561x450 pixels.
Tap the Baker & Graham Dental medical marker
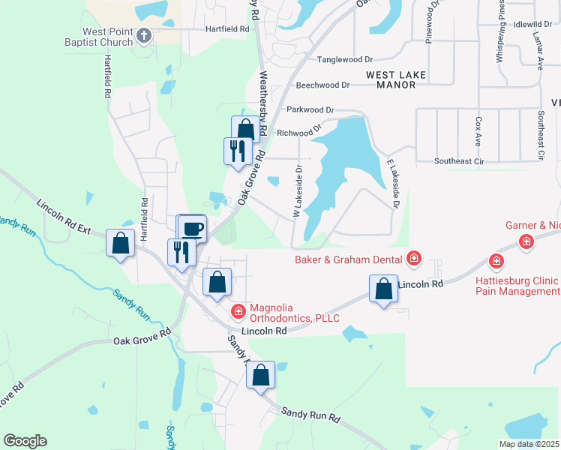coord(413,259)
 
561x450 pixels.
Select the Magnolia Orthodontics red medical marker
coord(238,310)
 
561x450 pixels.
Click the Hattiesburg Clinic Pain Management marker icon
coord(496,261)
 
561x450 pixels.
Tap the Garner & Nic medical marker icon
coord(527,241)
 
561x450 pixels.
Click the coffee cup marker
coord(192,227)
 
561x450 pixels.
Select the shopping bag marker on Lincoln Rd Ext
coord(120,243)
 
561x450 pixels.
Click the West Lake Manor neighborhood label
coord(396,79)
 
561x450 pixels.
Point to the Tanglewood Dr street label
coord(345,58)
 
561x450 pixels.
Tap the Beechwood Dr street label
coord(323,85)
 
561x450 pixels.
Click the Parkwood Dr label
coord(310,109)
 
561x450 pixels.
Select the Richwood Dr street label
coord(299,133)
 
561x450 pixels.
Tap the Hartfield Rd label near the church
coord(227,28)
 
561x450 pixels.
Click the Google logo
coord(25,441)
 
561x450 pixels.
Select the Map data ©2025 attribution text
coord(529,444)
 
